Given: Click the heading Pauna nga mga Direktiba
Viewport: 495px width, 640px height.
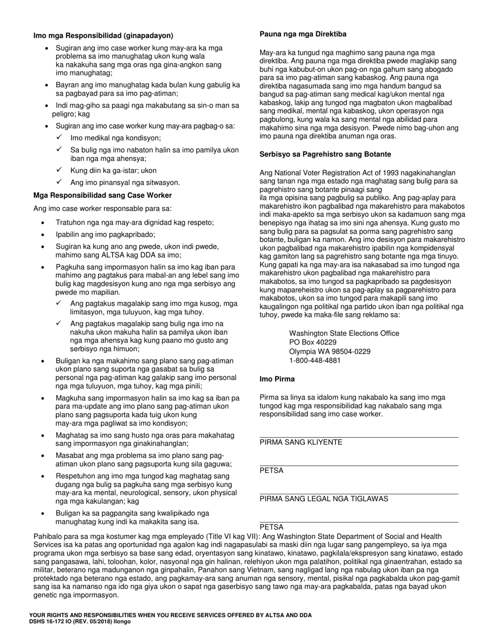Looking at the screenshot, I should coord(303,34).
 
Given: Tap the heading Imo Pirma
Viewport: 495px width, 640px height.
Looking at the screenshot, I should coord(277,379).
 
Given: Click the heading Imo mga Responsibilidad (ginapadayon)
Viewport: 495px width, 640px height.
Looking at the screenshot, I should coord(103,36).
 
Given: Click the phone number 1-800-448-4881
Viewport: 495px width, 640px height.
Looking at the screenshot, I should coord(315,361).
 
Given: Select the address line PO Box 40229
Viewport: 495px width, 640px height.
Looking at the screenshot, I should coord(313,342).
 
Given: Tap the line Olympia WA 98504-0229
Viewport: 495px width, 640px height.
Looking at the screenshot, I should coord(330,352).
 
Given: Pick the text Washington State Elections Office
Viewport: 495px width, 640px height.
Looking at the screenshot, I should coord(344,334).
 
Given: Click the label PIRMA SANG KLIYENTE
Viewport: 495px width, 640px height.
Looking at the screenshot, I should coord(301,442).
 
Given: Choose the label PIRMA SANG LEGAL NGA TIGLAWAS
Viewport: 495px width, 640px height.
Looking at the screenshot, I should coord(324,499).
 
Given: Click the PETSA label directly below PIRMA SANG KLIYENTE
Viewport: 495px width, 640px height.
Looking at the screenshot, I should coord(271,471).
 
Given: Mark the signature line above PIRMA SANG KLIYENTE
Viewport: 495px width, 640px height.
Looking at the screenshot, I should coord(358,437).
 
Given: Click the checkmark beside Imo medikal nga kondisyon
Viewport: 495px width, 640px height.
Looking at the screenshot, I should coord(60,137).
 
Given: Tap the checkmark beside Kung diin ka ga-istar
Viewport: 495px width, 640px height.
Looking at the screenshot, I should coord(60,170).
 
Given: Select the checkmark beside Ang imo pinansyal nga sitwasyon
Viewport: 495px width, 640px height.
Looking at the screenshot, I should coord(60,182).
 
